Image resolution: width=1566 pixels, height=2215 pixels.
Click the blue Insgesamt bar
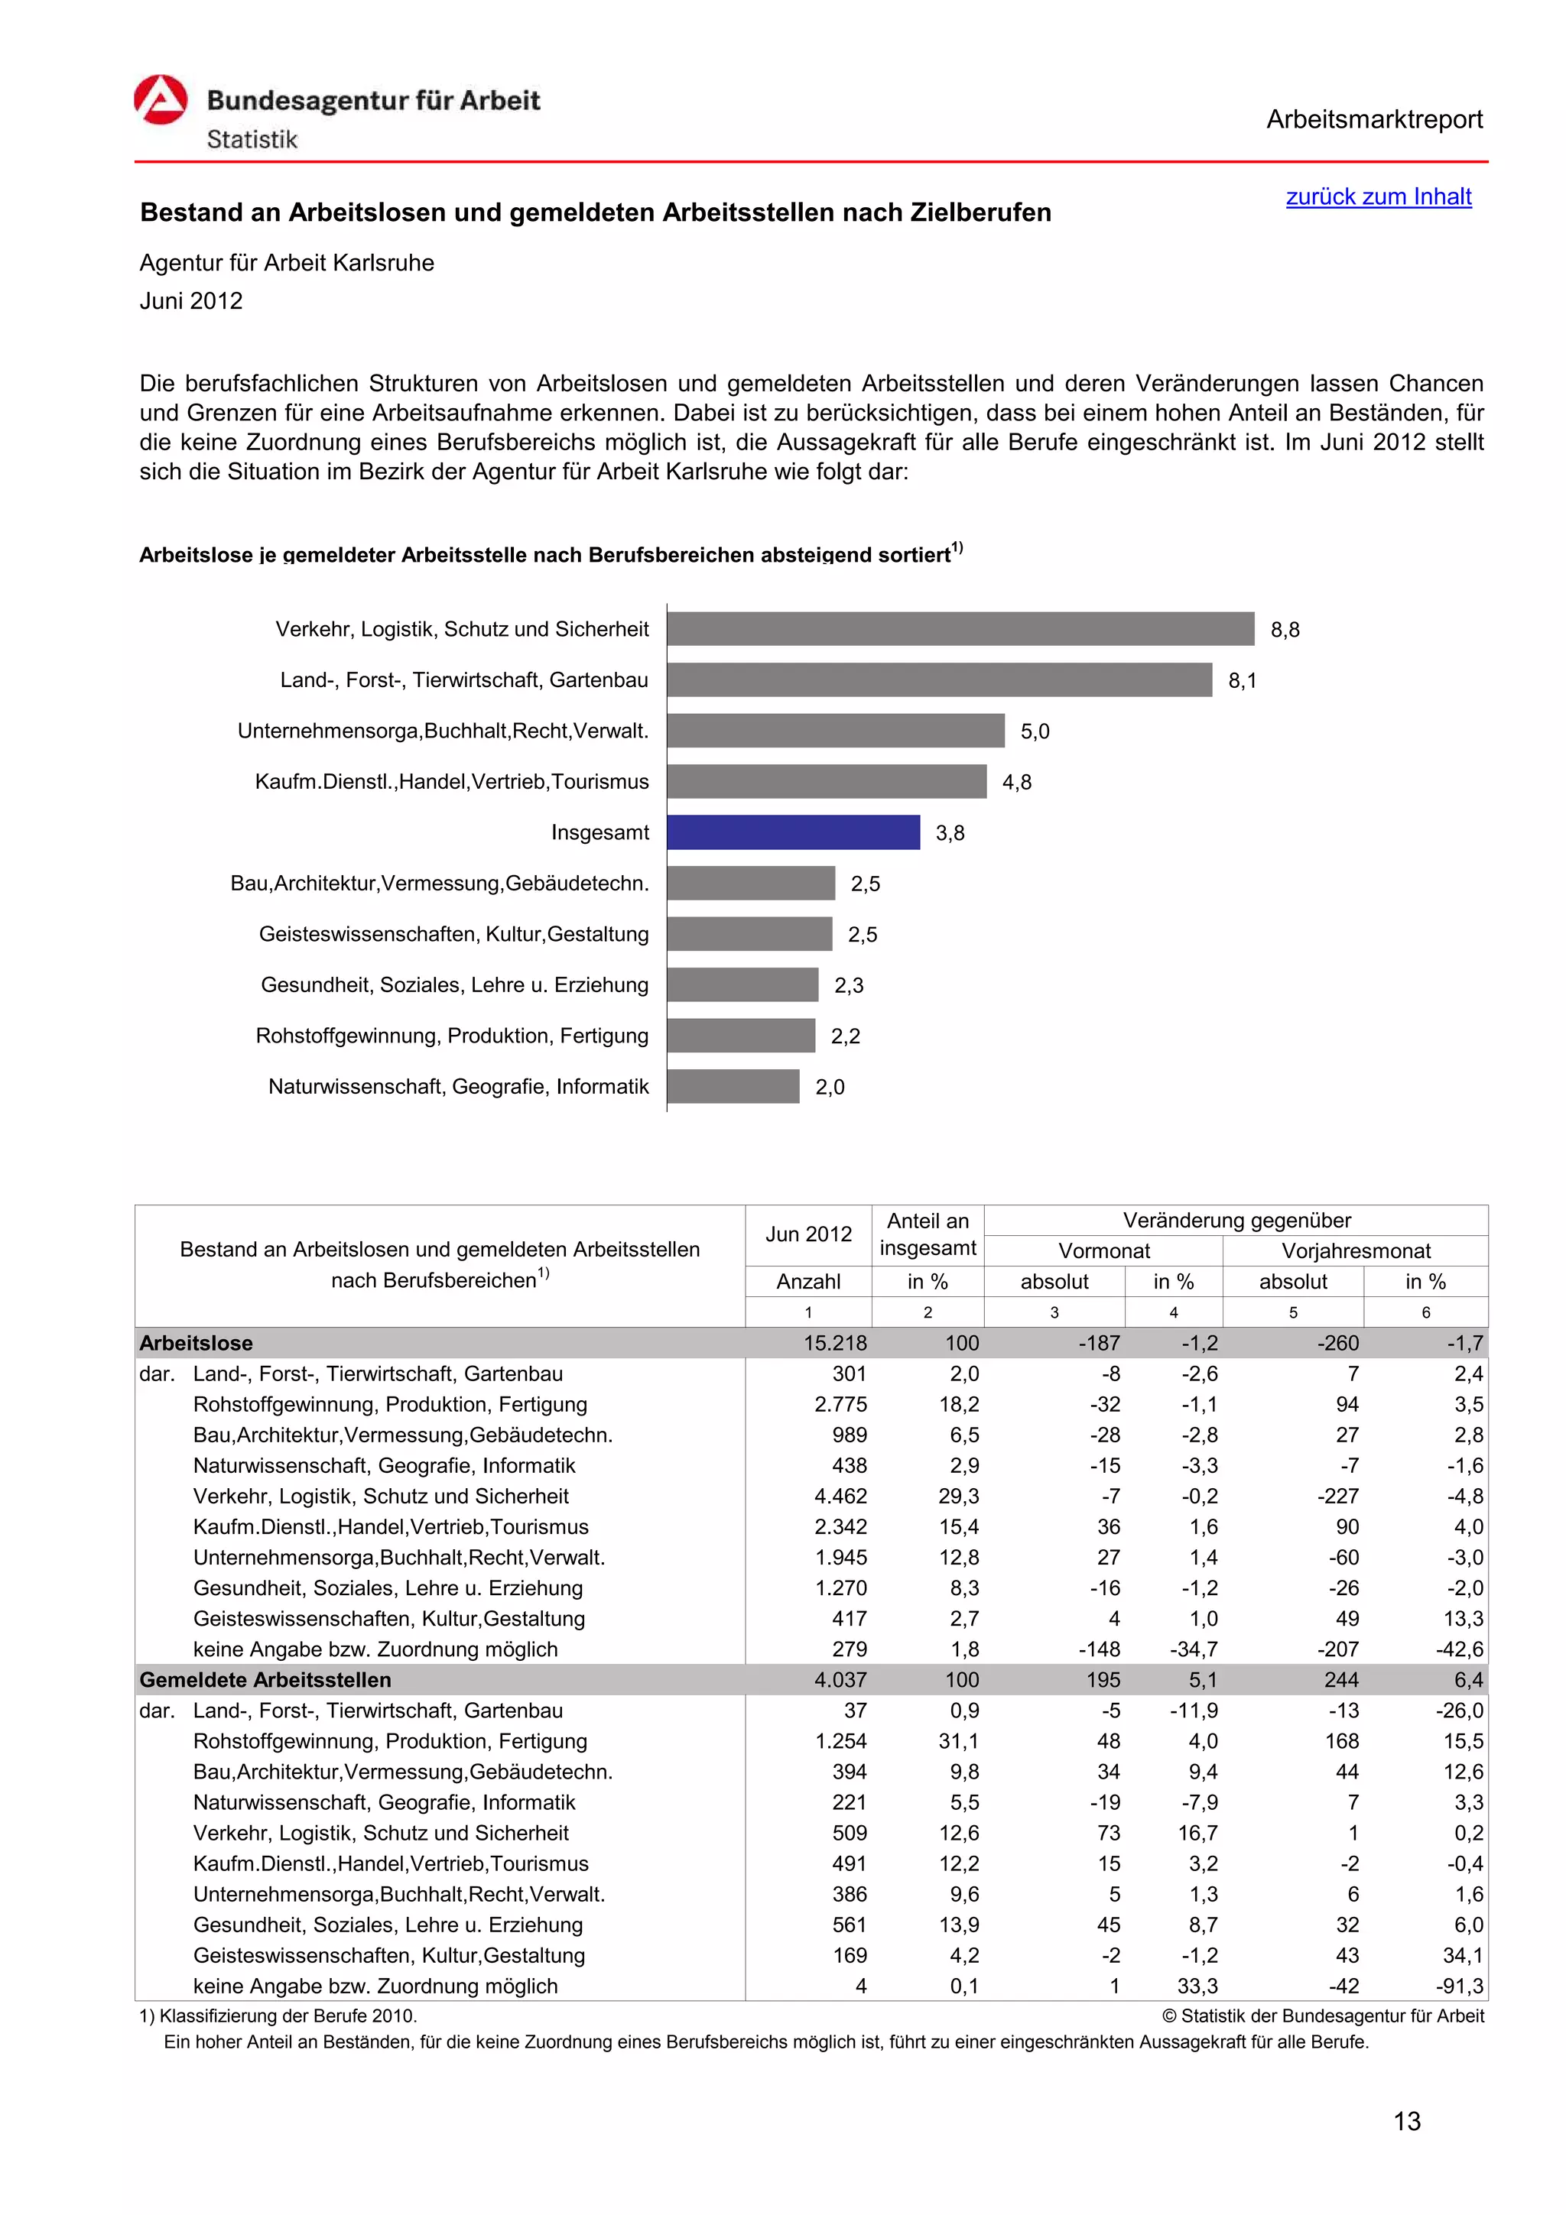point(793,832)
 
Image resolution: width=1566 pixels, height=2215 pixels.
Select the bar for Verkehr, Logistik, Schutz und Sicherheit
point(960,629)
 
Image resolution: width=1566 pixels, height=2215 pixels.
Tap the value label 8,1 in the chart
point(1242,681)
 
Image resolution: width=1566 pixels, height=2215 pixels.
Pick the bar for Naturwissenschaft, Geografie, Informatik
point(733,1086)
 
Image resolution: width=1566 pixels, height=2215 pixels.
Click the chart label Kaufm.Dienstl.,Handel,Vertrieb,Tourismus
point(452,781)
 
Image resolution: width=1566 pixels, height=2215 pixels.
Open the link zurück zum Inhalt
point(1378,196)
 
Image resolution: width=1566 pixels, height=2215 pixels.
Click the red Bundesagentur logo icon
point(160,100)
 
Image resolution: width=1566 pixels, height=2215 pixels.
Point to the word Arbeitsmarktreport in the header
point(1374,120)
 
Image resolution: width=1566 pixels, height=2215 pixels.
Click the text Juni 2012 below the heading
point(191,301)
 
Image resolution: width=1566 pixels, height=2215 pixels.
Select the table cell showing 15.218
point(835,1343)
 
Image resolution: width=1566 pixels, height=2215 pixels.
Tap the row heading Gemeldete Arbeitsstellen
point(265,1679)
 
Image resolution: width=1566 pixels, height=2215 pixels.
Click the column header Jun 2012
point(808,1234)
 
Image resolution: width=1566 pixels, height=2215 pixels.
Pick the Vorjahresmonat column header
point(1356,1251)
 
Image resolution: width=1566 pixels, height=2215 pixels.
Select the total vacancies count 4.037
point(840,1679)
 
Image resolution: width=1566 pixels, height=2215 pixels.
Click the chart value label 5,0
point(1035,731)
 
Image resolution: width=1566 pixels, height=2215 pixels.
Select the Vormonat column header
point(1104,1251)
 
